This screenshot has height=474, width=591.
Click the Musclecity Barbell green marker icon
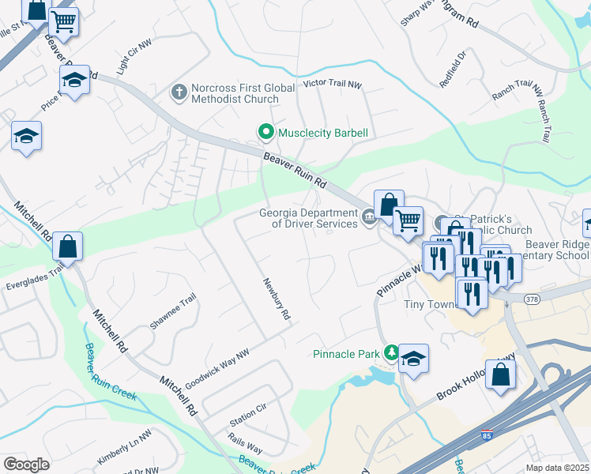pyautogui.click(x=266, y=132)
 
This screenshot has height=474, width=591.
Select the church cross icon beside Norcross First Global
pyautogui.click(x=179, y=93)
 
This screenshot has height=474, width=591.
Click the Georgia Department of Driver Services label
pyautogui.click(x=310, y=217)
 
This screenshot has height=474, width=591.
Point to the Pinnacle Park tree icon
pyautogui.click(x=390, y=353)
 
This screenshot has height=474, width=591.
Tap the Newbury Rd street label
pyautogui.click(x=275, y=299)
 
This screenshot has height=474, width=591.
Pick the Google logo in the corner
pyautogui.click(x=26, y=464)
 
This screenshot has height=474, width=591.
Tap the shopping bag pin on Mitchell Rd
pyautogui.click(x=69, y=246)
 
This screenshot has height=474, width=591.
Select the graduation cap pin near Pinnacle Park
pyautogui.click(x=413, y=359)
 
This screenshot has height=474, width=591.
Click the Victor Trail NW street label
pyautogui.click(x=332, y=84)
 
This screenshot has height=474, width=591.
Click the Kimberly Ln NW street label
pyautogui.click(x=123, y=448)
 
